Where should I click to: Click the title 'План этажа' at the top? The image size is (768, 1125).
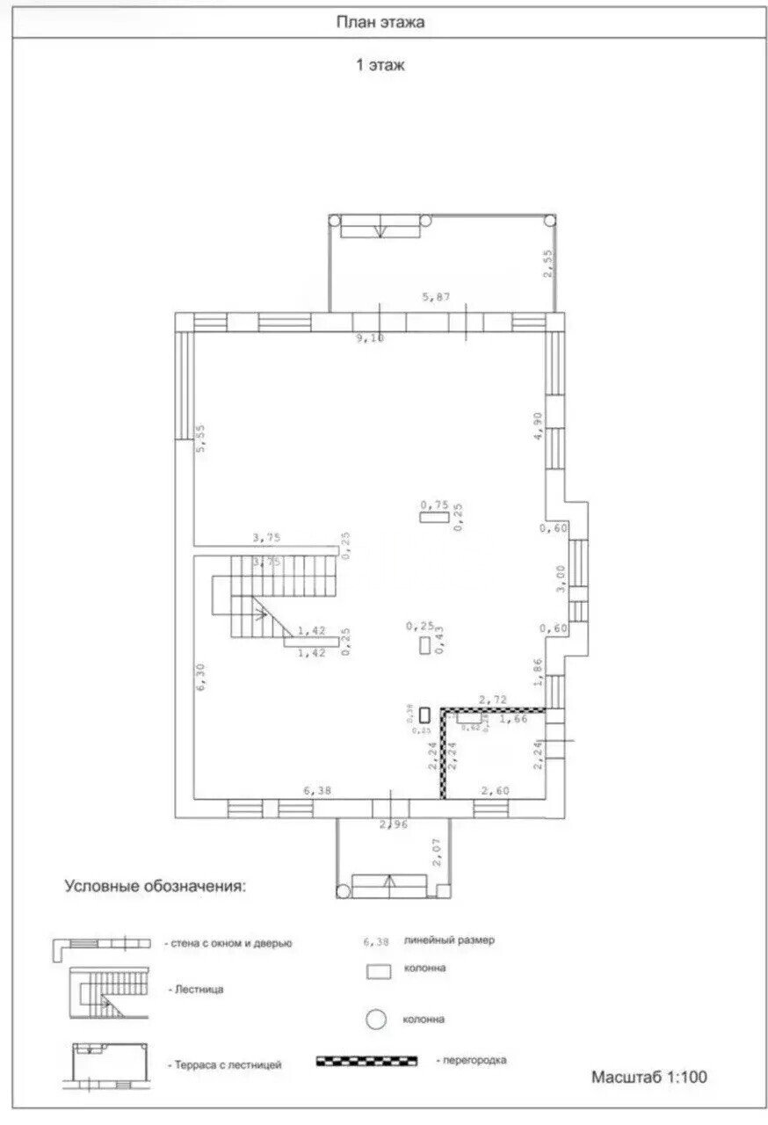[x=380, y=23]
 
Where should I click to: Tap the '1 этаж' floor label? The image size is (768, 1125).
[x=380, y=65]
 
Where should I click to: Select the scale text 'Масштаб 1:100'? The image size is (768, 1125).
[x=648, y=1076]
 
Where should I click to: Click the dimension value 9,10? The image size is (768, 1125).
[x=369, y=337]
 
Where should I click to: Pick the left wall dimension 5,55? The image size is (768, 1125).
[x=200, y=439]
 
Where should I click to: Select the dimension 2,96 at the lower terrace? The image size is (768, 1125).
[x=393, y=824]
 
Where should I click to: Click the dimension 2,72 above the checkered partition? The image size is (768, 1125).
[x=492, y=700]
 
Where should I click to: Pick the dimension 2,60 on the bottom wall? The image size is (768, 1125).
[x=495, y=791]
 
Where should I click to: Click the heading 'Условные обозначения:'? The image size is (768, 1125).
[x=156, y=886]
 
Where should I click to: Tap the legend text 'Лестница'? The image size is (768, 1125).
[x=195, y=989]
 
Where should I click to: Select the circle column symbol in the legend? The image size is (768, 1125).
[x=377, y=1020]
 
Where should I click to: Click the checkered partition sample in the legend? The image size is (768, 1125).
[x=368, y=1061]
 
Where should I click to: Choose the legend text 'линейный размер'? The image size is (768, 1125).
[x=450, y=940]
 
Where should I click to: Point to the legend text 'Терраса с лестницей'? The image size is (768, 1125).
[x=224, y=1064]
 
